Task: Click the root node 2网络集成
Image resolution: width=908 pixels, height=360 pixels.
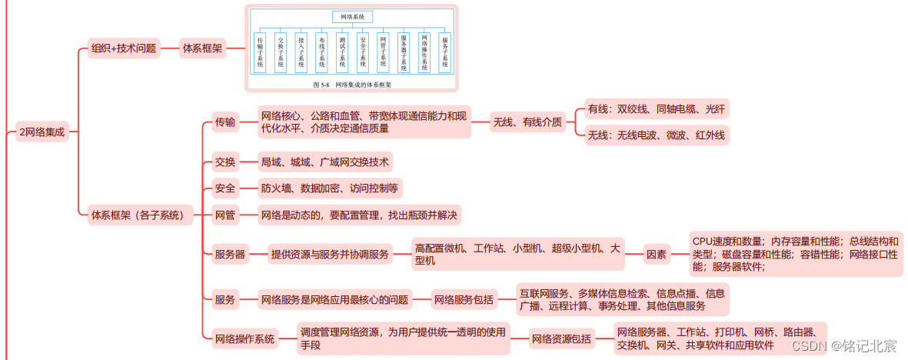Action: click(43, 132)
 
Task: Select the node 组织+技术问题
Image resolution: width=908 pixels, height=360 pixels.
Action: click(123, 48)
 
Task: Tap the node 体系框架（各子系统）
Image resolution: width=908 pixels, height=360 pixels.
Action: click(138, 215)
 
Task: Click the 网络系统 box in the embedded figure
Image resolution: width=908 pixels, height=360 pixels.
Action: click(353, 17)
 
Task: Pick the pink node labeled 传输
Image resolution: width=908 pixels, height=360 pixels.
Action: click(225, 122)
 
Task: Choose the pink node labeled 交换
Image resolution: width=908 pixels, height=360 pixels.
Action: click(225, 162)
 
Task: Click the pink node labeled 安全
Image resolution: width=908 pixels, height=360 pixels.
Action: click(225, 188)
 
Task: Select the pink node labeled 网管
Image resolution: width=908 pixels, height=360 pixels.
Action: click(225, 215)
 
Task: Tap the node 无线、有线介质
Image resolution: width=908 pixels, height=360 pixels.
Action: click(527, 122)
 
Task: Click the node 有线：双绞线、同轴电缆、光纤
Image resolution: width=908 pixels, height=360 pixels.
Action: click(656, 109)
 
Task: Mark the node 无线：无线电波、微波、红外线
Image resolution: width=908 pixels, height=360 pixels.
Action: click(656, 135)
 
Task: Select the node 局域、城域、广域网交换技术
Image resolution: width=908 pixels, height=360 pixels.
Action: click(324, 162)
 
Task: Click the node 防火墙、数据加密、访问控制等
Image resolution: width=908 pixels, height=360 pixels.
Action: click(330, 188)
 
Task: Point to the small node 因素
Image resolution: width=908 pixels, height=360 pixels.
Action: click(656, 255)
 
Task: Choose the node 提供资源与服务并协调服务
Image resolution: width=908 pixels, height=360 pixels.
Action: click(330, 255)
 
